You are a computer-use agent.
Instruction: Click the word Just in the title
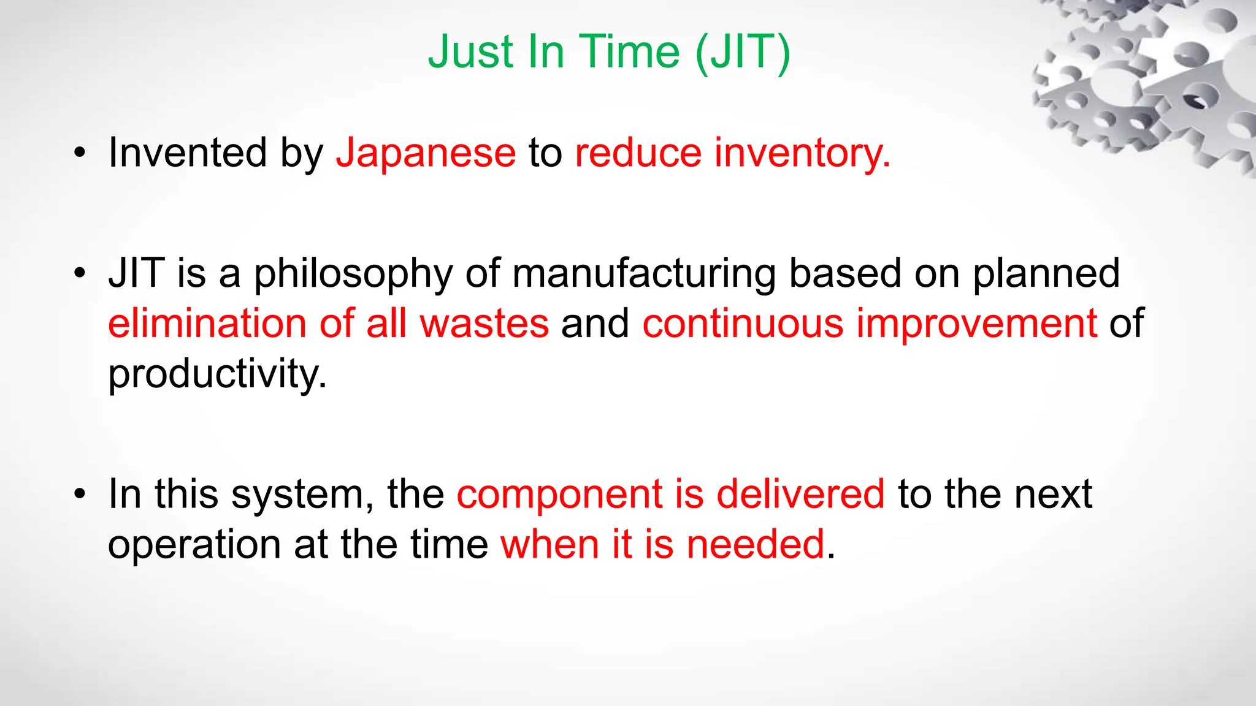pos(470,52)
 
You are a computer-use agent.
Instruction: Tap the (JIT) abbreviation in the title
pos(743,53)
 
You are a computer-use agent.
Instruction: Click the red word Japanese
pos(426,153)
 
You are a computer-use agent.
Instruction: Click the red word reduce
pos(638,153)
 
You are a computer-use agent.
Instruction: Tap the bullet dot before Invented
pos(80,154)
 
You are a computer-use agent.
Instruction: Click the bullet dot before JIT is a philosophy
pos(80,275)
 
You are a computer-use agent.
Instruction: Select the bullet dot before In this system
pos(80,495)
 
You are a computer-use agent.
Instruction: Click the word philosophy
pos(353,275)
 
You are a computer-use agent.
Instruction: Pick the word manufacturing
pos(644,275)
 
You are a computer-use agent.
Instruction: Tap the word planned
pos(1046,273)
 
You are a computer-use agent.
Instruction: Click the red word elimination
pos(207,324)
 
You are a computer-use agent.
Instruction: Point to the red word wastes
pos(484,324)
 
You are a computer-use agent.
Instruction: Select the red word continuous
pos(743,324)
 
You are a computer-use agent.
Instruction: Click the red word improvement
pos(976,325)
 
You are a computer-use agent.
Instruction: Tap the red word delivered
pos(800,494)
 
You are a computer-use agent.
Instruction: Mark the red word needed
pos(755,545)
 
